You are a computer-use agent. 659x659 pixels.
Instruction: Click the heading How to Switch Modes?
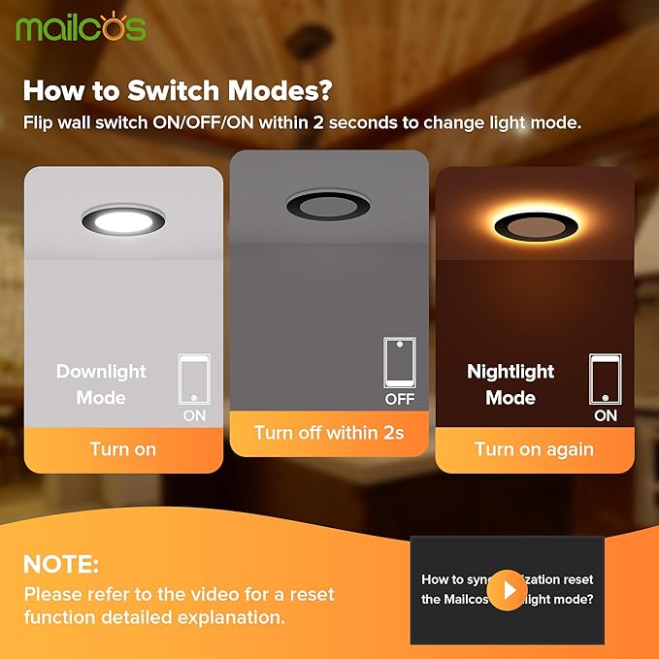178,91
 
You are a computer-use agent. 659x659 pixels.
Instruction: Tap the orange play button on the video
508,589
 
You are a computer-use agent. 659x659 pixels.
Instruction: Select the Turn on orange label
123,449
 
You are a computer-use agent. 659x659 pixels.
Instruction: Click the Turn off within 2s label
329,433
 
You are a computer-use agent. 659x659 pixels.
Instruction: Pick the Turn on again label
534,449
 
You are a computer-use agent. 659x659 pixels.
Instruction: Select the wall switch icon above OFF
399,362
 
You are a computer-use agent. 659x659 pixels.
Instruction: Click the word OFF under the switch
399,399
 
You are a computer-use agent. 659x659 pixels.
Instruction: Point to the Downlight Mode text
101,384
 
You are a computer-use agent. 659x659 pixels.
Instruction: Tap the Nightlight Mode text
511,384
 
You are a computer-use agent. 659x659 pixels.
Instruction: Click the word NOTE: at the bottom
61,565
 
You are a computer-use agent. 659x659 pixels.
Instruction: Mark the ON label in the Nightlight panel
605,415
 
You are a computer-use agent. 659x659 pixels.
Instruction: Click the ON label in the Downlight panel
194,415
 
